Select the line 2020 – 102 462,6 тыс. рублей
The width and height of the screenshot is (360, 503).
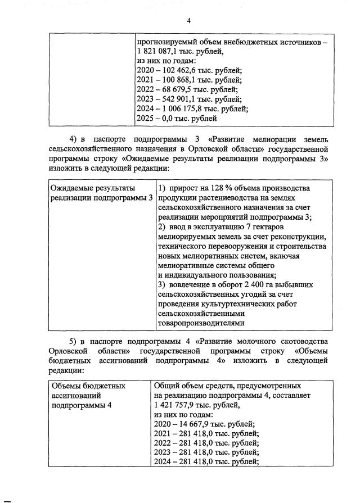point(189,70)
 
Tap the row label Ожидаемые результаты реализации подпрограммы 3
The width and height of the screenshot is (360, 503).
point(102,193)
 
